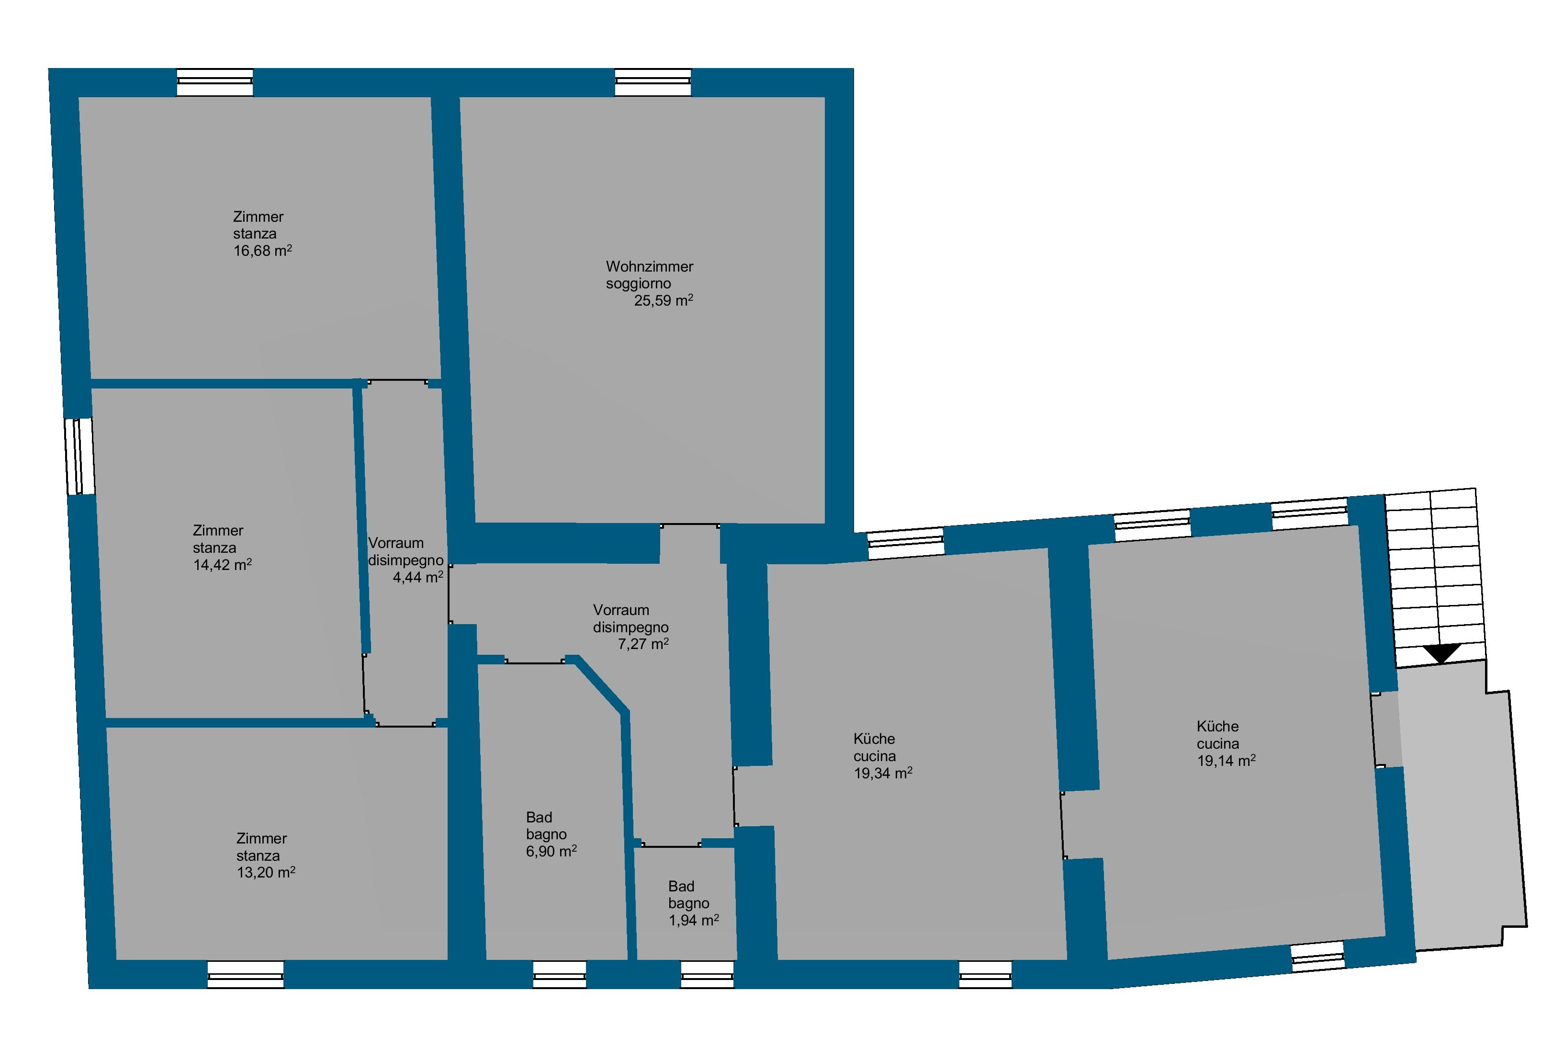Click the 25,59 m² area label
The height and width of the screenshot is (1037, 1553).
coord(664,301)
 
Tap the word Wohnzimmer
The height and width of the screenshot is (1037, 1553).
coord(649,266)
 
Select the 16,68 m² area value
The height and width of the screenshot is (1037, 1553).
coord(262,251)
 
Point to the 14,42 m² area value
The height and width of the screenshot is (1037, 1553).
coord(222,565)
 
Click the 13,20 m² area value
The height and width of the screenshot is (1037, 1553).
coord(266,872)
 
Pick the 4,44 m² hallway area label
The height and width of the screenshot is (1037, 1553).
coord(417,577)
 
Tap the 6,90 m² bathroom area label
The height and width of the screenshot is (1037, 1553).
coord(551,851)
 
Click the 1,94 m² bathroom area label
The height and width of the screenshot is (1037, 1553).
coord(693,920)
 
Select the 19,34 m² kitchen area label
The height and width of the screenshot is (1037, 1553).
coord(883,773)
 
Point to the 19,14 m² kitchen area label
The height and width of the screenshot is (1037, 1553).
coord(1226,761)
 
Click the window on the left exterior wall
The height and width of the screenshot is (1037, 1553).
coord(79,456)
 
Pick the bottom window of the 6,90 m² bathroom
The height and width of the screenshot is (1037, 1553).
coord(559,974)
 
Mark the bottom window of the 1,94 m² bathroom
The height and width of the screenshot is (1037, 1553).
coord(707,974)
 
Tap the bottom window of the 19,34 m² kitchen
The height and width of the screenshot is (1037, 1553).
coord(985,974)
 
